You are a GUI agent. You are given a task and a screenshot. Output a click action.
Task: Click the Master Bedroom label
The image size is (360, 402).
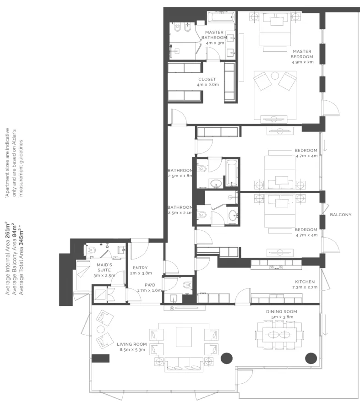point(302,54)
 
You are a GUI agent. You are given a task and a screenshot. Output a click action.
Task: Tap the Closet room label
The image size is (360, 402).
point(207,79)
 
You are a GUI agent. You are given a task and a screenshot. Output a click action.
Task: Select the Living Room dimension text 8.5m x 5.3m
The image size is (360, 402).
point(132,349)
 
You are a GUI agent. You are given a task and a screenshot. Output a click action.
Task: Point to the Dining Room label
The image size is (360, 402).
point(281,311)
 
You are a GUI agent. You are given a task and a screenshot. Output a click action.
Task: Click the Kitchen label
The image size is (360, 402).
point(305,282)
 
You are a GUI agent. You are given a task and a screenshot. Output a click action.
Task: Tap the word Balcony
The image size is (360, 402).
point(340,215)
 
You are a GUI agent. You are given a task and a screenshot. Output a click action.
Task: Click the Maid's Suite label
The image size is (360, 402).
point(104,267)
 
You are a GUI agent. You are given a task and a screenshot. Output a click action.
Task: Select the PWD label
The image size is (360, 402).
point(150,285)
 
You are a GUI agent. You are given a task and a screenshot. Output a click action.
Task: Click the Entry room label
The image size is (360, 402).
point(140,268)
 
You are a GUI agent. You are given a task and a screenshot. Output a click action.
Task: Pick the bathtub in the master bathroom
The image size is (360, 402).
point(221,17)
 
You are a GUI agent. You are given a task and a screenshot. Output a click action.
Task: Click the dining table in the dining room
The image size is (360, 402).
point(279,335)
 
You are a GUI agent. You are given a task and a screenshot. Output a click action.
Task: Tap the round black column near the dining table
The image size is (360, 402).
point(311,358)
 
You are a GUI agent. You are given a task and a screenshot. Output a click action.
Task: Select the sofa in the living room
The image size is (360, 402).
point(183,364)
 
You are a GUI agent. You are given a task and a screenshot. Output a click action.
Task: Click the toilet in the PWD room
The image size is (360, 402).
point(187,285)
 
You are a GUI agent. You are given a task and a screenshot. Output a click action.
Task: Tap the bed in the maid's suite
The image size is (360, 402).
point(83,275)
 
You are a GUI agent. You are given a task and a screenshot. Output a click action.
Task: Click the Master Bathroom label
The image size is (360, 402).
point(214,35)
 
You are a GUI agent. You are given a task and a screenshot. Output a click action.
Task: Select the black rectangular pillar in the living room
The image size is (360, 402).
point(100,358)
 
